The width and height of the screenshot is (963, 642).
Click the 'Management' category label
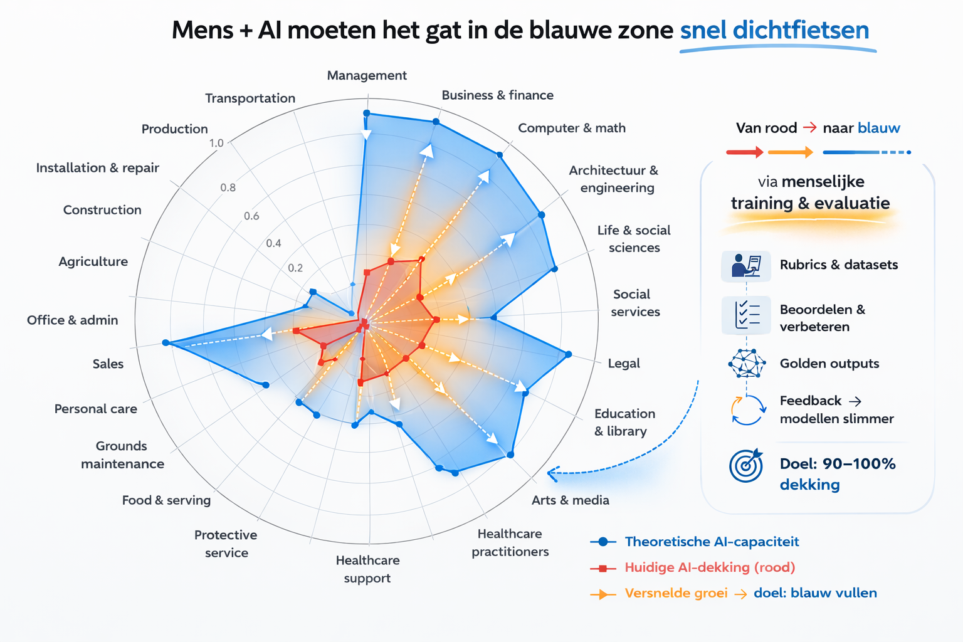pos(367,76)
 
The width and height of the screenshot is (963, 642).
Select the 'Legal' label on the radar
pos(624,364)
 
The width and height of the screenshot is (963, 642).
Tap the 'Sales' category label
pos(108,364)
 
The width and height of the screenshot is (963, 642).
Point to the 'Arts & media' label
pos(570,500)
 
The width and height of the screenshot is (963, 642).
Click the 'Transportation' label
pos(250,98)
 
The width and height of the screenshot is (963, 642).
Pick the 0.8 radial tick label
pos(228,187)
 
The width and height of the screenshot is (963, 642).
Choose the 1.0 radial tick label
pos(216,143)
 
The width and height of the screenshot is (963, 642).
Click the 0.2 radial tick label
pos(295,268)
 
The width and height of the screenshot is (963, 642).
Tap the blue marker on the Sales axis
pos(166,343)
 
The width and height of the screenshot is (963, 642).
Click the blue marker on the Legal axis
pos(569,355)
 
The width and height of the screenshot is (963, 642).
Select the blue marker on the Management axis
pos(367,113)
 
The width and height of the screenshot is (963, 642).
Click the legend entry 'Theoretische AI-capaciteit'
pos(712,542)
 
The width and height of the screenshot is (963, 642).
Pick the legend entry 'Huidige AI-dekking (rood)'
pos(710,567)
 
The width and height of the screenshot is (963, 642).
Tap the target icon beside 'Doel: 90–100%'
pos(746,466)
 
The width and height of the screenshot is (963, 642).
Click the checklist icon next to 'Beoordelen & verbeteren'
pos(746,315)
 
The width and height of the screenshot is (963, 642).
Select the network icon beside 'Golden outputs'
pos(747,363)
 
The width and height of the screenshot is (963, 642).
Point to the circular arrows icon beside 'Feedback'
pos(747,410)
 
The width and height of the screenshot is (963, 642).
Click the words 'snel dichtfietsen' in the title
pos(774,30)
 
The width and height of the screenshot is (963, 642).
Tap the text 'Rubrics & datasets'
pos(838,265)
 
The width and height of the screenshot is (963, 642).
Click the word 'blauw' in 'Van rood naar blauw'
pos(878,129)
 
